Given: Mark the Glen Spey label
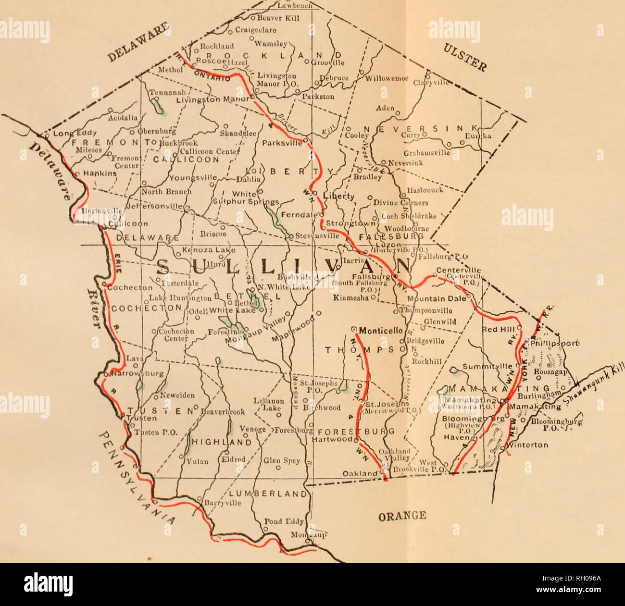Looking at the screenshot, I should pos(275,460).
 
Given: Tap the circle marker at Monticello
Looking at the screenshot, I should pos(354,330).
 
